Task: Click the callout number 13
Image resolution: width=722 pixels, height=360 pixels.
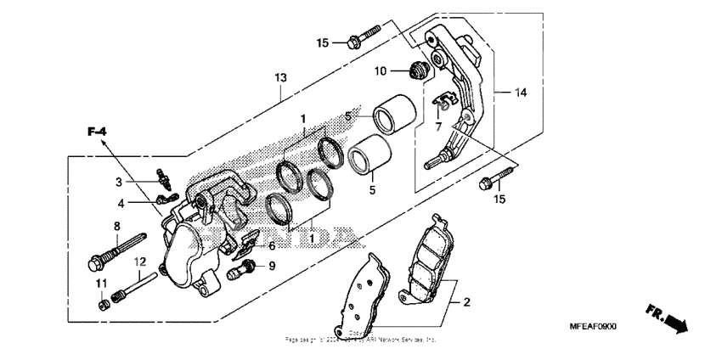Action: [280, 77]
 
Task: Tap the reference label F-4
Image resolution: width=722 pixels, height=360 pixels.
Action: [98, 131]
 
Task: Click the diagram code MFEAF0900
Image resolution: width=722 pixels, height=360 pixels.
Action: [593, 327]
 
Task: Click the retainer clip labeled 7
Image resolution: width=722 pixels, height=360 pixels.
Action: [442, 104]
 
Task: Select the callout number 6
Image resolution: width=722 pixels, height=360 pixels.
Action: [271, 245]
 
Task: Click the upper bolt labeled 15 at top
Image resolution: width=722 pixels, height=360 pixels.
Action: [363, 38]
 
